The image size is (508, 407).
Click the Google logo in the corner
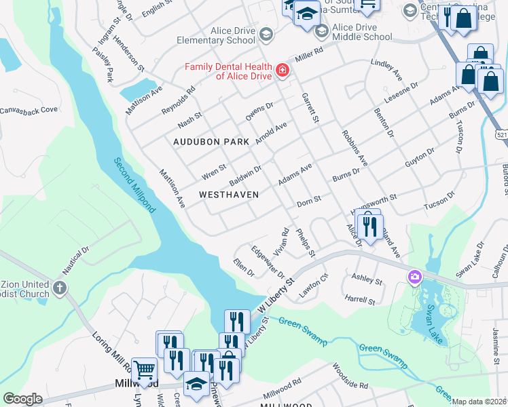tap(22, 399)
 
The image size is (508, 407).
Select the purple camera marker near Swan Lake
tap(414, 277)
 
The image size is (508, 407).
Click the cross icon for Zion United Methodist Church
tap(60, 289)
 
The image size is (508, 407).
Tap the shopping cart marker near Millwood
tap(144, 370)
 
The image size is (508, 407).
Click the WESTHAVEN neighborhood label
tap(229, 195)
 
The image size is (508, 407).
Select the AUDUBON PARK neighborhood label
tap(211, 142)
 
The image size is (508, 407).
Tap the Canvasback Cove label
tap(29, 110)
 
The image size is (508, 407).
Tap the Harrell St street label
tap(360, 299)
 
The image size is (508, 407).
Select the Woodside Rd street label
tap(350, 376)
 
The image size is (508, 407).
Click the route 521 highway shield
tap(501, 136)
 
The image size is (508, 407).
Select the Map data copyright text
tap(479, 402)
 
